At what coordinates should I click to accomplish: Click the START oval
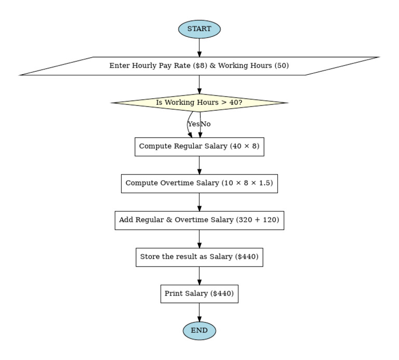click(199, 29)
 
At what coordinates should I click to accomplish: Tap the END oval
click(199, 330)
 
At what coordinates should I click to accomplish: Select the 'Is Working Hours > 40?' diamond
click(199, 103)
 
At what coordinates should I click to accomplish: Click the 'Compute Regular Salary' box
click(199, 146)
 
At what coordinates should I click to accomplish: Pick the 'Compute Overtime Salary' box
click(199, 183)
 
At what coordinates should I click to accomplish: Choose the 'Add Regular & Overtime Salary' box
click(199, 220)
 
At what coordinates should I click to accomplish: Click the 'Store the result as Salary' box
click(199, 257)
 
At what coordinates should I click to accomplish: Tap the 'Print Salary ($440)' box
click(199, 294)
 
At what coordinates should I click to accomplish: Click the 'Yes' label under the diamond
click(193, 124)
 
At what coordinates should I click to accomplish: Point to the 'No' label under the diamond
click(206, 124)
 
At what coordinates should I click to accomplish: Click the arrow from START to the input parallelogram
click(199, 48)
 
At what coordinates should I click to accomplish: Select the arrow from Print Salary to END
click(199, 312)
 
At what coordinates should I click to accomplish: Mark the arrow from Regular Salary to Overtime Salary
click(199, 165)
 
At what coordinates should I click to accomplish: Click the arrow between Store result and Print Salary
click(199, 276)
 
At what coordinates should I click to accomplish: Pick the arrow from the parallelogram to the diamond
click(199, 84)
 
